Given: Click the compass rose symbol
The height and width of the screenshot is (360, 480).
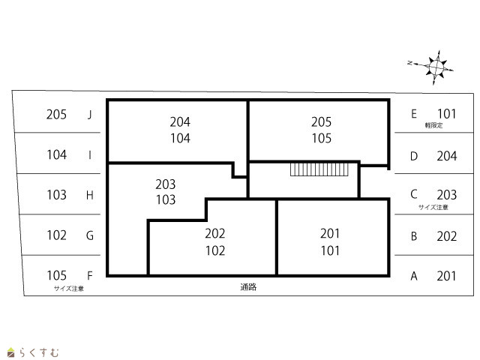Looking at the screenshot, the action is pyautogui.click(x=435, y=67).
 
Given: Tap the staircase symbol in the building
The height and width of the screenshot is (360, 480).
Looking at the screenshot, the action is pyautogui.click(x=319, y=169).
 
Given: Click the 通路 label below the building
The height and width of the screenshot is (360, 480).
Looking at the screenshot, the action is pyautogui.click(x=248, y=286).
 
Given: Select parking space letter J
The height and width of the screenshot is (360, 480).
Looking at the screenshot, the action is pyautogui.click(x=90, y=115).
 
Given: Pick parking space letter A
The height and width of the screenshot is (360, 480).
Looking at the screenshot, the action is pyautogui.click(x=414, y=276).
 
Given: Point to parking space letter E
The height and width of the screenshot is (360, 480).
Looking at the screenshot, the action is pyautogui.click(x=414, y=114).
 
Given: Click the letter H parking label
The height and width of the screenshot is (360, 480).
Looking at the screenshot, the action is pyautogui.click(x=90, y=195).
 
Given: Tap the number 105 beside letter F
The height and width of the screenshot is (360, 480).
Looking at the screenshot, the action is pyautogui.click(x=57, y=275).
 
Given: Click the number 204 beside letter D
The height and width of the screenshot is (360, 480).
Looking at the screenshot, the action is pyautogui.click(x=447, y=156).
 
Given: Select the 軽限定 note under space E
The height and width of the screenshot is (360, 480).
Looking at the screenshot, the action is pyautogui.click(x=433, y=125).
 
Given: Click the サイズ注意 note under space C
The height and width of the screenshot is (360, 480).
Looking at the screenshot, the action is pyautogui.click(x=433, y=207).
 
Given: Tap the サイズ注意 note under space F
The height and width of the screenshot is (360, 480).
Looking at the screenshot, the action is pyautogui.click(x=69, y=288).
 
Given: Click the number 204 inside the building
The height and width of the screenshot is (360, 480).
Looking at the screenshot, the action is pyautogui.click(x=180, y=122).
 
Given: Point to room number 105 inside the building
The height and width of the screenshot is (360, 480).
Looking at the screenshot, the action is pyautogui.click(x=322, y=138).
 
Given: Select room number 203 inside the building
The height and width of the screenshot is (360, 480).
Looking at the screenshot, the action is pyautogui.click(x=165, y=184).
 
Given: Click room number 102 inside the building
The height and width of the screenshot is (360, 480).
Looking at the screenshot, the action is pyautogui.click(x=215, y=250).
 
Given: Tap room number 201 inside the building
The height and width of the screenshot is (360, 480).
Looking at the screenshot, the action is pyautogui.click(x=330, y=233).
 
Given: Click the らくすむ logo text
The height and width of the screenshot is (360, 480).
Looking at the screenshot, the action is pyautogui.click(x=39, y=352).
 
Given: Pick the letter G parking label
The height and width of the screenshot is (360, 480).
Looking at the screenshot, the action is pyautogui.click(x=90, y=235).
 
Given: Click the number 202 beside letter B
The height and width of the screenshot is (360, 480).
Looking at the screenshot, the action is pyautogui.click(x=447, y=236).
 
